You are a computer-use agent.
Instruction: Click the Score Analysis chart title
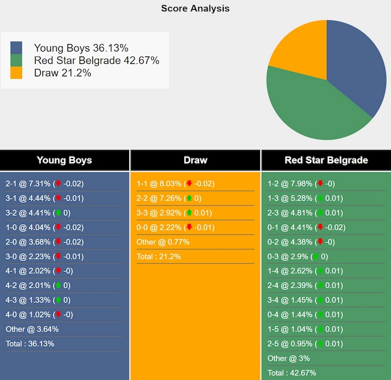(x=195, y=8)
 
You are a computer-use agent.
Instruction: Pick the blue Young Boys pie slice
(x=354, y=68)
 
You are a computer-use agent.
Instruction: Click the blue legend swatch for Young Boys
(x=16, y=48)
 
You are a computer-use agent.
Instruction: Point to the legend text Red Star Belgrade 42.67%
(x=96, y=61)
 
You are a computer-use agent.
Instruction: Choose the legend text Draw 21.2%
(x=62, y=72)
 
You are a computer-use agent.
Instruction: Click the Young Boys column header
(x=64, y=160)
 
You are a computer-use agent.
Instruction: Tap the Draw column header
(x=195, y=160)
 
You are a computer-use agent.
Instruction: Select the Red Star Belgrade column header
(x=326, y=160)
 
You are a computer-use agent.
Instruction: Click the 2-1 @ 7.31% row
(x=44, y=183)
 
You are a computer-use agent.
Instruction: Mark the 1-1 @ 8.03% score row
(x=175, y=183)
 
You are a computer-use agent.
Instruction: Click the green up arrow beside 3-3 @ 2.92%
(x=189, y=213)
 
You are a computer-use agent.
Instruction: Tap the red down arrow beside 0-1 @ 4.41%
(x=320, y=228)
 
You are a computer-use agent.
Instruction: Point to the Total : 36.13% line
(x=30, y=344)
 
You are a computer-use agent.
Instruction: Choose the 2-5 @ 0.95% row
(x=305, y=344)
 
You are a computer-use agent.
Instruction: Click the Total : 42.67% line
(x=292, y=373)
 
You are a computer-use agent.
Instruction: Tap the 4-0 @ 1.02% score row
(x=44, y=315)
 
